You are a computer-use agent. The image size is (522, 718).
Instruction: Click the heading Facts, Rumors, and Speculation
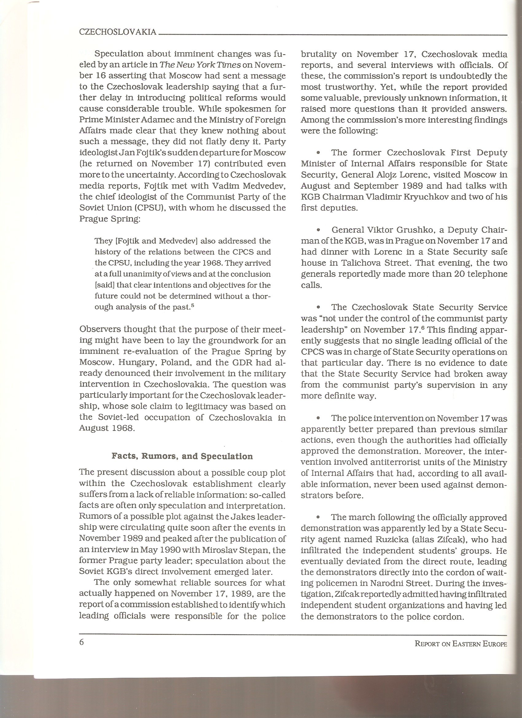pos(182,456)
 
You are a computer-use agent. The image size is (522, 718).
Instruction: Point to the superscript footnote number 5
pos(192,306)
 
